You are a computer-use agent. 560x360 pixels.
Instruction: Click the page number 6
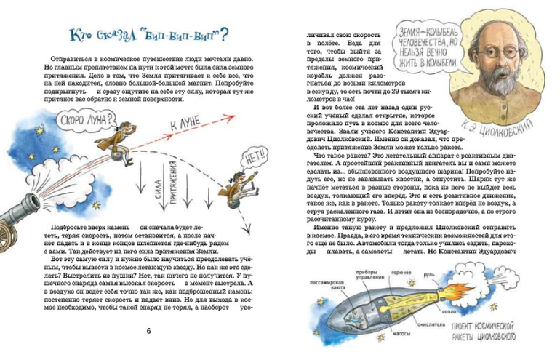[x=149, y=332]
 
